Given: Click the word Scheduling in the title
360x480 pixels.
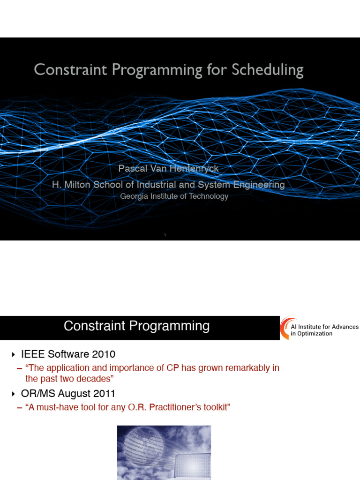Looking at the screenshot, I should click(x=267, y=70).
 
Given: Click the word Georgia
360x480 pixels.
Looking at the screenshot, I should click(x=134, y=196).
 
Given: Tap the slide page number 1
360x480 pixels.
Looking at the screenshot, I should click(x=165, y=235).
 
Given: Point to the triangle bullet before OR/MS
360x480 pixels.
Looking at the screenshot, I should click(x=13, y=393).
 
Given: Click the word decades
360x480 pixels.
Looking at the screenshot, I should click(x=95, y=379).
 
